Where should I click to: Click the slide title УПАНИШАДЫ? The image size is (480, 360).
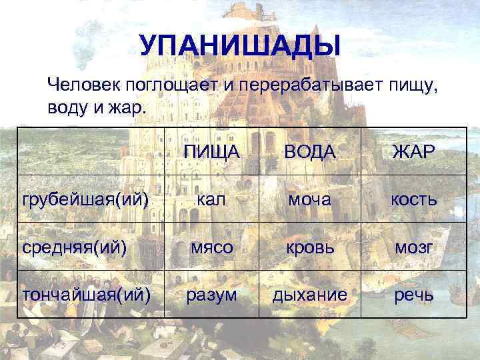240,45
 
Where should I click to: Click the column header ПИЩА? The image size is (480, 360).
212,153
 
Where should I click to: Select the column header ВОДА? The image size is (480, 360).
309,153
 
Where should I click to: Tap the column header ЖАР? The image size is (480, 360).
413,153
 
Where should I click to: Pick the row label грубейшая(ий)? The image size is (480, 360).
85,199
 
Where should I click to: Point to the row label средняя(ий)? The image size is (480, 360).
75,247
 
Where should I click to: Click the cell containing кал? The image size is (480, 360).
212,199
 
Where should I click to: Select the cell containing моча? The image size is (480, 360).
309,199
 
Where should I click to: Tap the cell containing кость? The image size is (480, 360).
413,199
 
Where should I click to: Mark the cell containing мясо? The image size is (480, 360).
212,247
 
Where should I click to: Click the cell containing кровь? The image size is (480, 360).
309,247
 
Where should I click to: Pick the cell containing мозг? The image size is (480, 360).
413,247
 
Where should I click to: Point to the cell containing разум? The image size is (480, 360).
212,294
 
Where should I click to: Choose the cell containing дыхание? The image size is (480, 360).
309,294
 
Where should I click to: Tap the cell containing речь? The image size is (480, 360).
413,294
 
